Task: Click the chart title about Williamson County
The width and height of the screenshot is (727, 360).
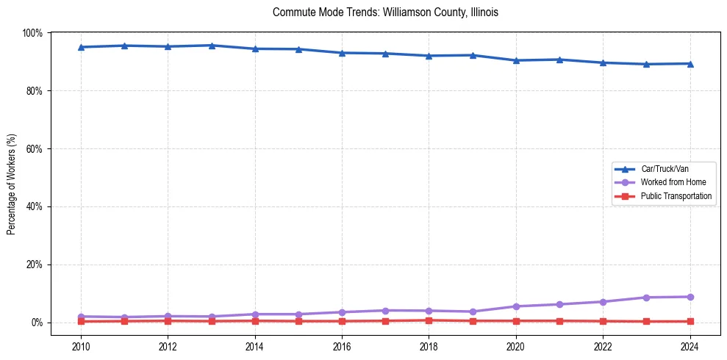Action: pos(385,12)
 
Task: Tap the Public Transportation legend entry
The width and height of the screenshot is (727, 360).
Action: pos(676,196)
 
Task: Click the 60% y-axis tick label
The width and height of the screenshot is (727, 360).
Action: pos(35,148)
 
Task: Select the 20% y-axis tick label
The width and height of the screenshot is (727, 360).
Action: pos(35,264)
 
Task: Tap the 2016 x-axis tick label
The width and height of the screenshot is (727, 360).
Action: pos(342,348)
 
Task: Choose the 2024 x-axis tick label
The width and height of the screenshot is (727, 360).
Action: pos(690,348)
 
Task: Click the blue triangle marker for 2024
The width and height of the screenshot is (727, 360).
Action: pos(690,64)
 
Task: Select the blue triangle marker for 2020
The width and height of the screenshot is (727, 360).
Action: pos(516,60)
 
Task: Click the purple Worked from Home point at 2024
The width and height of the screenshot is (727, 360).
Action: pos(690,297)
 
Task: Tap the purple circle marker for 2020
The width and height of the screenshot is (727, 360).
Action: pos(516,306)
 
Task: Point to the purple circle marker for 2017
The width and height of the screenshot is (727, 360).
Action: pos(385,310)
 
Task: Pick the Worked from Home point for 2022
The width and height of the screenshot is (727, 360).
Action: pos(603,302)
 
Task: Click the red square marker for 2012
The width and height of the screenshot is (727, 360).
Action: pos(168,320)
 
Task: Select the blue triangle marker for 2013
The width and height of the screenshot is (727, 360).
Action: pos(211,46)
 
